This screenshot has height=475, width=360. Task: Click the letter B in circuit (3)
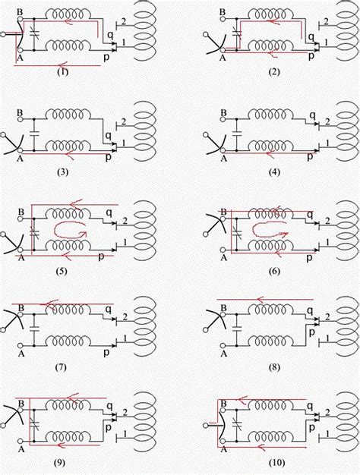(x=20, y=113)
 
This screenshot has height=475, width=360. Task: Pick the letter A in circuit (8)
(x=224, y=354)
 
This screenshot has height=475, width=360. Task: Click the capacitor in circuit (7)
(x=34, y=328)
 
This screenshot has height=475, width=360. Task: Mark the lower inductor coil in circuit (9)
(x=68, y=436)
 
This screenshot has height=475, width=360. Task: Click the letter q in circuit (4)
(x=312, y=115)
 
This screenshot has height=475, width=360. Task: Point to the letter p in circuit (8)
(x=311, y=332)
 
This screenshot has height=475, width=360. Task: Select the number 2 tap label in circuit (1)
(x=124, y=21)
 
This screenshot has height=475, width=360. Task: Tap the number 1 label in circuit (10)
(x=326, y=434)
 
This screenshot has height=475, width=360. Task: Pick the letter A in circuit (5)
(x=21, y=258)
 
